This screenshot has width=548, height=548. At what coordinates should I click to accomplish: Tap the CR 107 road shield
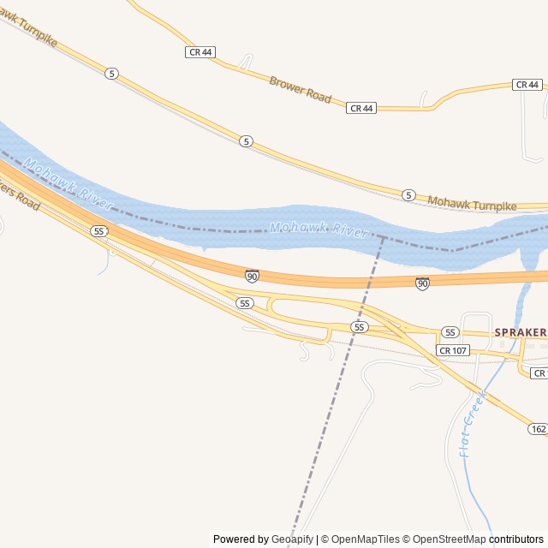452,350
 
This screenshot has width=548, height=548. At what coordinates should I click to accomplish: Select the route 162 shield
538,428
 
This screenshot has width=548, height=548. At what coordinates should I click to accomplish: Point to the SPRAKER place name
520,331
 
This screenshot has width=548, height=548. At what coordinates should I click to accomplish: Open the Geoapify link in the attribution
293,539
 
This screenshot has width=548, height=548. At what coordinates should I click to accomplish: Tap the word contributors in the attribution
516,539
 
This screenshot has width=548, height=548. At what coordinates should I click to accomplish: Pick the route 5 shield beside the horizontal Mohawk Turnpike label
408,195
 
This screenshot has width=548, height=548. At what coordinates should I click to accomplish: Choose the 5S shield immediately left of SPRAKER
450,332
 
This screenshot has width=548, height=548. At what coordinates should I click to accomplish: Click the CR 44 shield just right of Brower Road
361,108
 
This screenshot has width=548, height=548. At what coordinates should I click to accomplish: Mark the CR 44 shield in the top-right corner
527,84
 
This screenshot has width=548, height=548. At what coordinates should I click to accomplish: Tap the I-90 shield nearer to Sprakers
422,283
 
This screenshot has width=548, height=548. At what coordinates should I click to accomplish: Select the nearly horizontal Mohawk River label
319,229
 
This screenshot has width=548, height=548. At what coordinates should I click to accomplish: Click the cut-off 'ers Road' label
19,195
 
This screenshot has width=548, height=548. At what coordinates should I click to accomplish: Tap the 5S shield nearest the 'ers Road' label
99,231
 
